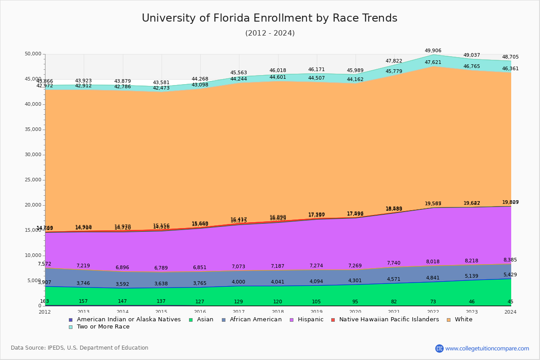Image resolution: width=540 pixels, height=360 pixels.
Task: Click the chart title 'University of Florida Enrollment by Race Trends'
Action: pos(270,18)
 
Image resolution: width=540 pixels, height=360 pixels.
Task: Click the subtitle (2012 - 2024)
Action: pos(270,33)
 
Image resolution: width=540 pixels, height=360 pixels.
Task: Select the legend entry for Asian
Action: pos(205,319)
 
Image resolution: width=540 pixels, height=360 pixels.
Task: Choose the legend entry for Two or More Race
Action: pos(103,327)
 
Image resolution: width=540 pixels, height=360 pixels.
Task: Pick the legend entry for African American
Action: pos(255,319)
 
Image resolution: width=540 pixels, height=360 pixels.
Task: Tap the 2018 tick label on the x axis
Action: pos(278,312)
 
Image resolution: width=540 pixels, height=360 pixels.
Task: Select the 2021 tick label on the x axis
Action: pos(394,312)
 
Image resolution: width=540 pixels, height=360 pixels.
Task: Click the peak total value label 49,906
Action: pos(433,51)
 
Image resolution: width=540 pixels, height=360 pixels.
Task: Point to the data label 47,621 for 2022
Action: pos(433,63)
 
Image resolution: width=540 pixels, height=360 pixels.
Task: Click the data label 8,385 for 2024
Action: pos(510,260)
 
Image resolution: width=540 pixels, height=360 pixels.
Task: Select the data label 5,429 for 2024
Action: pos(510,275)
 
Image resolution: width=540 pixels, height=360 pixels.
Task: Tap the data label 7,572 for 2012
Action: pos(45,264)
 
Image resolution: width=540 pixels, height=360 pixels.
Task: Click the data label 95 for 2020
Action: pos(355,302)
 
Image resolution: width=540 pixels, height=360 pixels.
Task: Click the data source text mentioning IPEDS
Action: pos(80,348)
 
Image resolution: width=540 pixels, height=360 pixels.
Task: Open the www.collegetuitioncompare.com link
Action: pos(487,348)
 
